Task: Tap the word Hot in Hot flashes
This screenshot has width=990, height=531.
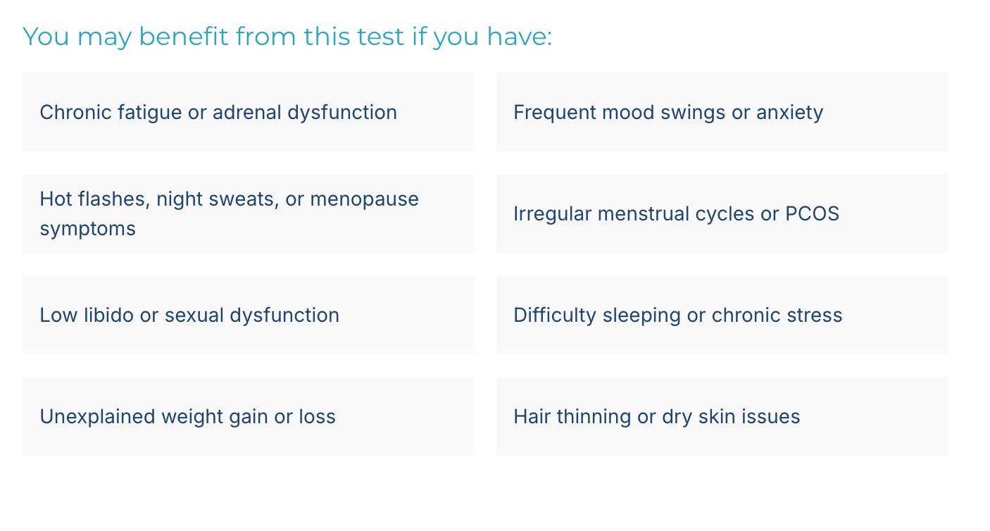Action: pyautogui.click(x=56, y=199)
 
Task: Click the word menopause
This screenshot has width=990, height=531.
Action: pyautogui.click(x=365, y=200)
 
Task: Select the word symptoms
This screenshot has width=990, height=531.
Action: pyautogui.click(x=87, y=230)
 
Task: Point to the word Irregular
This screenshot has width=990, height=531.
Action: pyautogui.click(x=553, y=214)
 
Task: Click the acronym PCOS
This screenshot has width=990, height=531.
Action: pyautogui.click(x=812, y=214)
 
